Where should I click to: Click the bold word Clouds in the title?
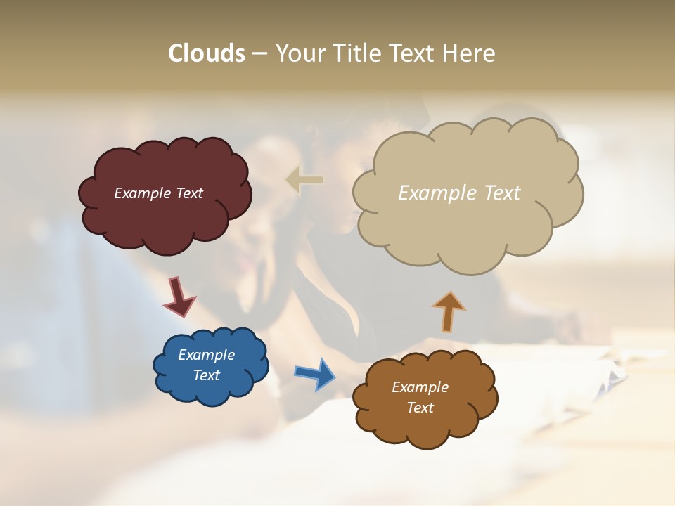(x=207, y=53)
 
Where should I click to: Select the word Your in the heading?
(x=300, y=53)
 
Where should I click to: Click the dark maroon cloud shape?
(x=165, y=225)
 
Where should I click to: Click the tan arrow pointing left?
(x=304, y=179)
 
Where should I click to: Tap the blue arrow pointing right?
(x=314, y=373)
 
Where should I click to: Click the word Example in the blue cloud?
(x=206, y=355)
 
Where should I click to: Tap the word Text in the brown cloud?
(x=420, y=408)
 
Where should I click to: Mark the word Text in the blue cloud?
(x=206, y=375)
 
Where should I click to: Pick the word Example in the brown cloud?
(x=420, y=387)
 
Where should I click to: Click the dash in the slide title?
(x=259, y=53)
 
